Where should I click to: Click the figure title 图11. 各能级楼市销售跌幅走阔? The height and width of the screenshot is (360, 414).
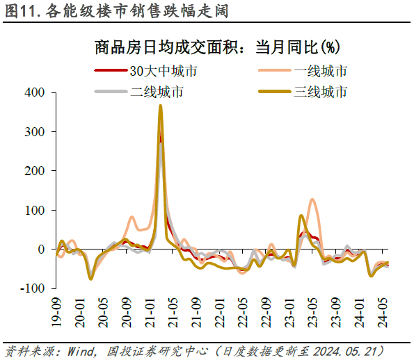(116, 11)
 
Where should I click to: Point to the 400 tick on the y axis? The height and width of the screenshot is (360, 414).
(34, 92)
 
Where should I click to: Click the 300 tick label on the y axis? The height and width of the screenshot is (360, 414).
(34, 131)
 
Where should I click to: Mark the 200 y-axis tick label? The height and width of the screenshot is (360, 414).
(34, 170)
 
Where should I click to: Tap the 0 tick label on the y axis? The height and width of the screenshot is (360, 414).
(41, 249)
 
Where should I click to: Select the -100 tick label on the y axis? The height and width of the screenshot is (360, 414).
(32, 288)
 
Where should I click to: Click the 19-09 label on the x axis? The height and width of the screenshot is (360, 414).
(58, 311)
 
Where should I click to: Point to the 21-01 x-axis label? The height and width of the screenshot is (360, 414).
(150, 311)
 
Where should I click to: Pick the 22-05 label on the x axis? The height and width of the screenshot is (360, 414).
(243, 311)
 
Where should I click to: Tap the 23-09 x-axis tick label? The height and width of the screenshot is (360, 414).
(335, 311)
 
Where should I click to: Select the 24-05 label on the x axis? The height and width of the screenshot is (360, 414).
(382, 311)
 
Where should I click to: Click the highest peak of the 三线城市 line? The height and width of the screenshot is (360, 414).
(161, 106)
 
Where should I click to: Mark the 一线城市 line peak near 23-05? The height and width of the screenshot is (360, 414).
(312, 200)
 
